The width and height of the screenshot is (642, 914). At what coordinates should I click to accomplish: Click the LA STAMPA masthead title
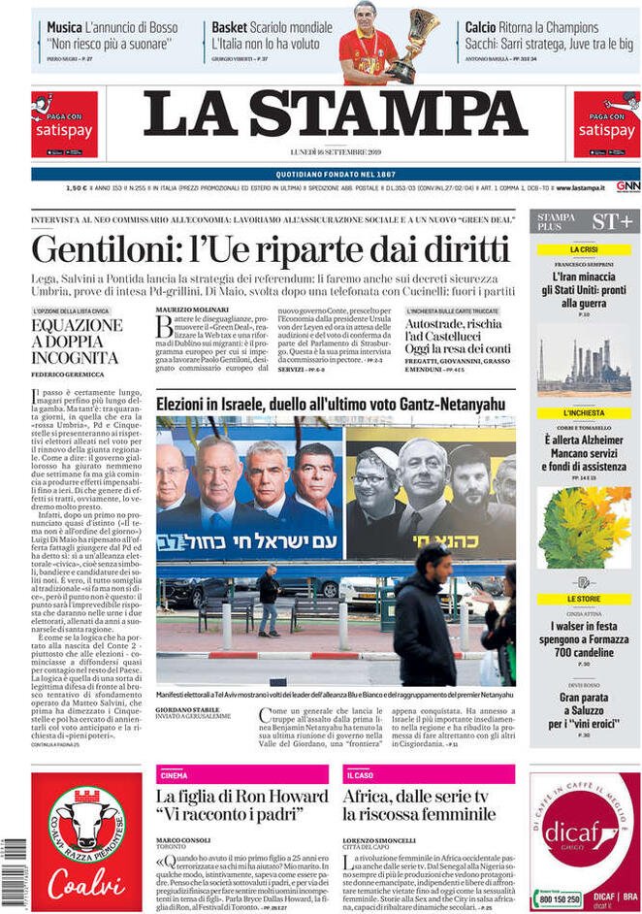[336, 114]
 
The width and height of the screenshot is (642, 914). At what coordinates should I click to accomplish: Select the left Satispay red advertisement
[64, 124]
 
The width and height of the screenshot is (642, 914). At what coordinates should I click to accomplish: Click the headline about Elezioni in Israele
[331, 402]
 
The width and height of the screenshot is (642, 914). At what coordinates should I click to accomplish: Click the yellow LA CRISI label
[584, 249]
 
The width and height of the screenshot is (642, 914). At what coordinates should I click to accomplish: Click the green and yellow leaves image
[584, 527]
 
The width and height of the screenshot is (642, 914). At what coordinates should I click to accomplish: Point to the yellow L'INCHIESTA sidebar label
[584, 413]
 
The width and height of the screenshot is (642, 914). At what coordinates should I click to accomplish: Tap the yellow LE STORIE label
[584, 599]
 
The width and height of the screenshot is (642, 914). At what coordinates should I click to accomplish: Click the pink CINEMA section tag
[175, 775]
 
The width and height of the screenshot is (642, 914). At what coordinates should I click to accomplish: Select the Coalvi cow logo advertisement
[85, 829]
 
